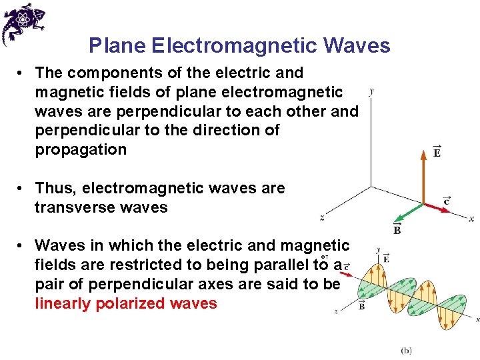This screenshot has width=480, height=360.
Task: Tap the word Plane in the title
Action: point(118,45)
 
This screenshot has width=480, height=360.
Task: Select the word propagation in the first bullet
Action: point(81,149)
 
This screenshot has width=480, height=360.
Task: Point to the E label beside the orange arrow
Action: point(437,152)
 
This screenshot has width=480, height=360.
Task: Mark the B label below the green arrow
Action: point(397,230)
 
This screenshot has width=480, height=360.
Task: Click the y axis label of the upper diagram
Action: point(371,91)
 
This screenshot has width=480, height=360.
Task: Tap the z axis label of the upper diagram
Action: point(322,217)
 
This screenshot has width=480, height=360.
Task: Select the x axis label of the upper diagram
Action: point(471,218)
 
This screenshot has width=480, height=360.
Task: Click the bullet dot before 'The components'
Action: point(22,73)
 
